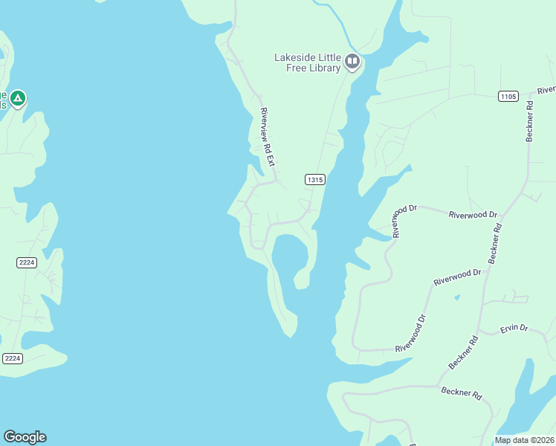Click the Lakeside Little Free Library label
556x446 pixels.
308,62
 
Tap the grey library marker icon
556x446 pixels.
352,62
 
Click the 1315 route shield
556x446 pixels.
315,179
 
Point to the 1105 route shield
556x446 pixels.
508,96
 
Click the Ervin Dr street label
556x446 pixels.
513,327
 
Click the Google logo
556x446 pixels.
25,437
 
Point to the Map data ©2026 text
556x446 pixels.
525,440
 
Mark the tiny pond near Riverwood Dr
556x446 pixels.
456,298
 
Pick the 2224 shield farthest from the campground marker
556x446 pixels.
13,358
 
